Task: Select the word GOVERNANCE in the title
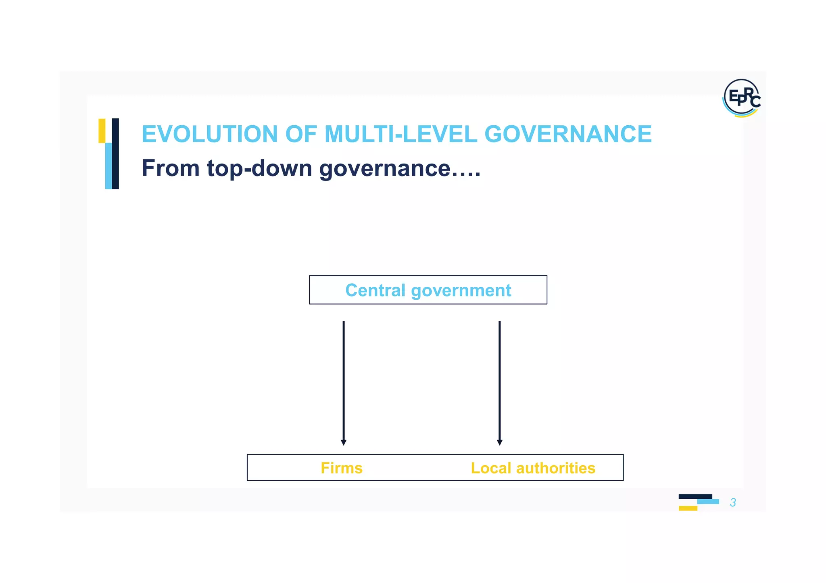coord(568,134)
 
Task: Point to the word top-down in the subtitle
coord(259,168)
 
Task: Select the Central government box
coord(428,290)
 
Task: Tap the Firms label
coord(342,468)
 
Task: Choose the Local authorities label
coord(533,468)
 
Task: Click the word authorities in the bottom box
coord(555,468)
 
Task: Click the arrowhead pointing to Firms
coord(344,442)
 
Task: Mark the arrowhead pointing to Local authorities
coord(500,442)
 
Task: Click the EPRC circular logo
coord(741,98)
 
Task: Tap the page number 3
coord(733,502)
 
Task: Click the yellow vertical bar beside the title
coord(102,131)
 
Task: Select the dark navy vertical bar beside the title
coord(115,154)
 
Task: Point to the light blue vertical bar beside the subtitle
coord(108,166)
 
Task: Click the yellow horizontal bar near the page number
coord(688,508)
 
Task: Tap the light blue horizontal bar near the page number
coord(708,502)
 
